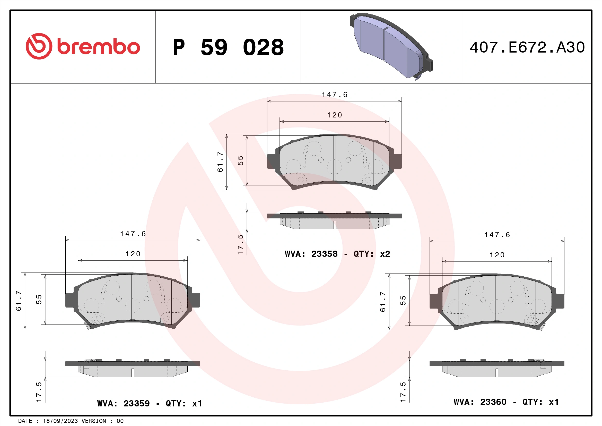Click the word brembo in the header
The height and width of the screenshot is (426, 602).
(99, 47)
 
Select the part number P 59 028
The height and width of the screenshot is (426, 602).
(228, 47)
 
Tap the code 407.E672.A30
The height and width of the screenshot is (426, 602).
(527, 47)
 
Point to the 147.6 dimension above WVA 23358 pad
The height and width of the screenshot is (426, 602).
(335, 95)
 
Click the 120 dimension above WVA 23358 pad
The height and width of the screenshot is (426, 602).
(335, 115)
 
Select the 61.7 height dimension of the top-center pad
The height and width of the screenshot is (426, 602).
(220, 162)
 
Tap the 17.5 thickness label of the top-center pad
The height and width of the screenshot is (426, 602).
(240, 244)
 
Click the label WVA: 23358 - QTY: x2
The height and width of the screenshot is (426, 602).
(337, 254)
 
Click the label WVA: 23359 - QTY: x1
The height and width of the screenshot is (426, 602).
(150, 403)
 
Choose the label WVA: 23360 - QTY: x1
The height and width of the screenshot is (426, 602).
(506, 402)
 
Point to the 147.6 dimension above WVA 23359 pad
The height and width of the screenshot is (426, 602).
(133, 234)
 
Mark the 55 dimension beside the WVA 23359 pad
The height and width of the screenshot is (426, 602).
(39, 299)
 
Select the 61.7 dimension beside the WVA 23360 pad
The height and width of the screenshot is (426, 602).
(383, 302)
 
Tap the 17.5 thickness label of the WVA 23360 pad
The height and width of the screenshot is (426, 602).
(403, 392)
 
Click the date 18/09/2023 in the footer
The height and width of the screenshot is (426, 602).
(60, 421)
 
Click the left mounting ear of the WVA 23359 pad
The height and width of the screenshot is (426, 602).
(70, 300)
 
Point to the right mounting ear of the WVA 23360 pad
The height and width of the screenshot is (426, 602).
(560, 301)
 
